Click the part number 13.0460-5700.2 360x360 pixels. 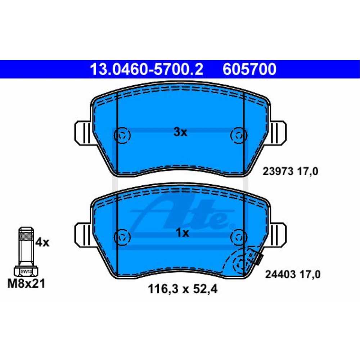tap(147, 69)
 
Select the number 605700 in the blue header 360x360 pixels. tap(249, 69)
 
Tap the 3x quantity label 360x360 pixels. tap(180, 132)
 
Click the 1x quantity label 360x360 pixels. tap(182, 233)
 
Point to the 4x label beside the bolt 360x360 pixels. tap(42, 242)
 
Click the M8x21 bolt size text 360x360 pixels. tap(26, 284)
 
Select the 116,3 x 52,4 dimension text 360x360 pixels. tap(183, 289)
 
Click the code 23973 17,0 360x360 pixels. tap(290, 171)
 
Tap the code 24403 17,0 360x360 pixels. tap(293, 274)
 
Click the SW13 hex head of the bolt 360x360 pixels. tap(26, 271)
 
